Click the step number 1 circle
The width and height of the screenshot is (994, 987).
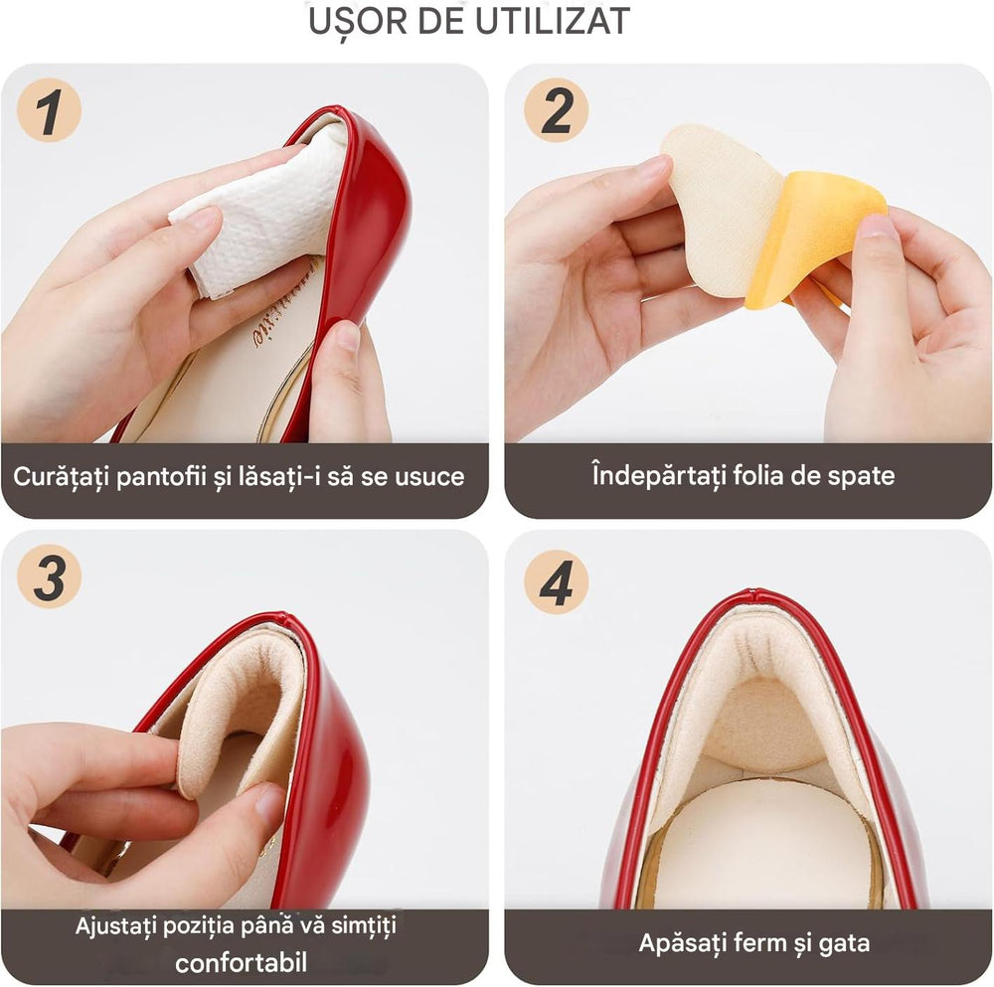point(49,110)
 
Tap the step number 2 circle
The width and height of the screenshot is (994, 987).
point(556,110)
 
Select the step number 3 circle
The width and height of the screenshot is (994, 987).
point(49,576)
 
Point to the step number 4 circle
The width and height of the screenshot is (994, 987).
point(556,581)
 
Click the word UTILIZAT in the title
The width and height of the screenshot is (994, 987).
point(552,22)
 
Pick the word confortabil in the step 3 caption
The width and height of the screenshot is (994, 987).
point(241,963)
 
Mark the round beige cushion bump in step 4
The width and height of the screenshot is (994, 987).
point(764,725)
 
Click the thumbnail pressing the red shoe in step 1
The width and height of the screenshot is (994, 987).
point(348,335)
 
